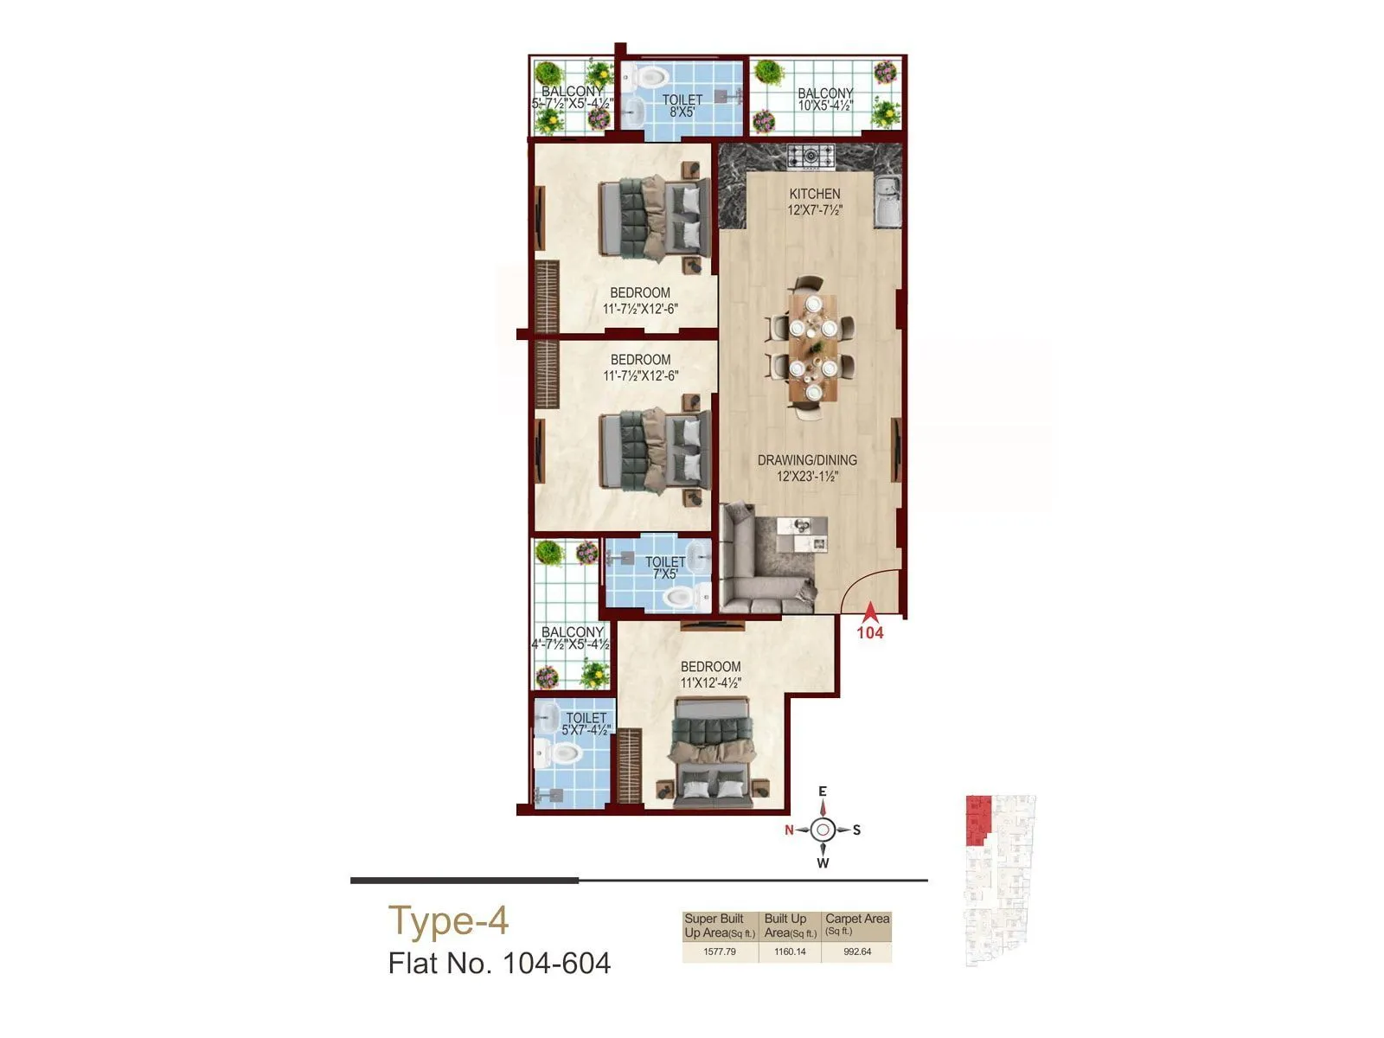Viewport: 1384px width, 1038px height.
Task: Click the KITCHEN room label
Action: (814, 194)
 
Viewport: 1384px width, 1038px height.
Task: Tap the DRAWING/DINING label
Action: (807, 460)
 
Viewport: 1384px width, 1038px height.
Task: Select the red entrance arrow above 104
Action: (870, 612)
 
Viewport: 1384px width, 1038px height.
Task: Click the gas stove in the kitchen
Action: (811, 157)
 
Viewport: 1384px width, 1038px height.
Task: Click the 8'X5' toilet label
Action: (682, 112)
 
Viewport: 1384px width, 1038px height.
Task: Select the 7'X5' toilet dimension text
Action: (665, 573)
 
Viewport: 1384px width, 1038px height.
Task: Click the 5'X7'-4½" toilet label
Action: (586, 730)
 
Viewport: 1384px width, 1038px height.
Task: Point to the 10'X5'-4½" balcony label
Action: (825, 106)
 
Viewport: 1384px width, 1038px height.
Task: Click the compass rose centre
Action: (823, 830)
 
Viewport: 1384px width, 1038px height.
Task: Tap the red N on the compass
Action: (789, 830)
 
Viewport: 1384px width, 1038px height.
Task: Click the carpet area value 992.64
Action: (856, 951)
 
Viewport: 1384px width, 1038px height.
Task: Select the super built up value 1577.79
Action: (720, 951)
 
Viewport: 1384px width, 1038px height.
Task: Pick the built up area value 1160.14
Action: (790, 951)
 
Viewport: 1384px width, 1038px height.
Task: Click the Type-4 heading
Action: (448, 920)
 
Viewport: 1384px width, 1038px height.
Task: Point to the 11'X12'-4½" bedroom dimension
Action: (710, 682)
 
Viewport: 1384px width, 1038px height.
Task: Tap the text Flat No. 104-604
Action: (499, 963)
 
